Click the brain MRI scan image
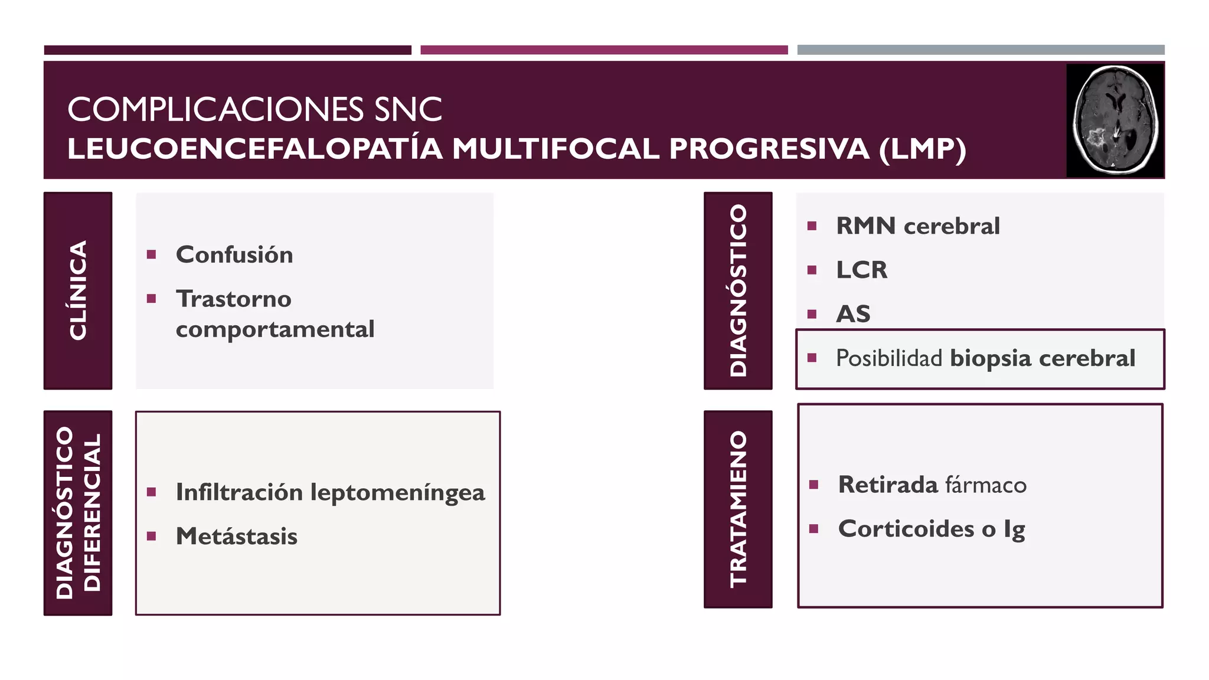(1115, 120)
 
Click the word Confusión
(234, 255)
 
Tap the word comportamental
(275, 329)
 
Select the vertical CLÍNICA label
(78, 290)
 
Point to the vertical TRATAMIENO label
(738, 509)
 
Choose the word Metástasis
(237, 537)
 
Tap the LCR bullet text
(861, 270)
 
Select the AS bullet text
(853, 314)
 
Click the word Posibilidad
(889, 358)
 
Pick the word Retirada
(888, 485)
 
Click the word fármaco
(986, 485)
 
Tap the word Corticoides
(906, 529)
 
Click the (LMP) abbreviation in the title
(922, 149)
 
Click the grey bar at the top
(981, 50)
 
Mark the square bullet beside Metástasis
(152, 537)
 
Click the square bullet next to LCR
(812, 270)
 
